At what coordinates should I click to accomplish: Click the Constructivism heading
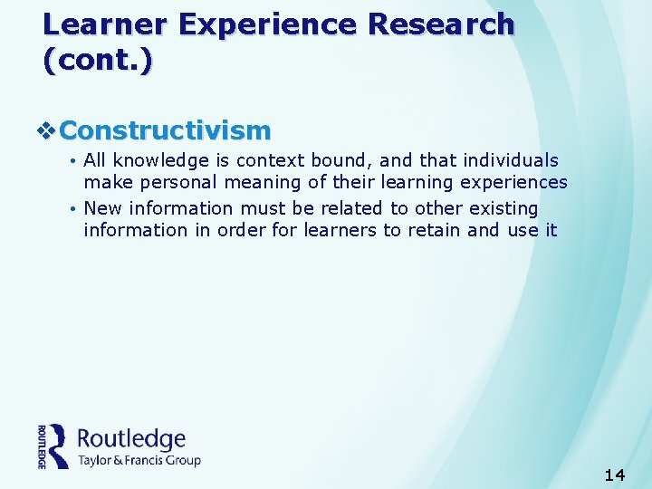165,130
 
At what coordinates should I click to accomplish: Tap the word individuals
511,160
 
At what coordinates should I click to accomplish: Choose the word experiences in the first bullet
517,182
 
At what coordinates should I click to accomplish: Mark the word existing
503,208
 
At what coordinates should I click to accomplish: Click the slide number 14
615,475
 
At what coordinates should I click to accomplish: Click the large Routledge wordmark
131,439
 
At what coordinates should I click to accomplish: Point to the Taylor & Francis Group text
139,460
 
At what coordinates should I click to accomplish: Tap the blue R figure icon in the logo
59,446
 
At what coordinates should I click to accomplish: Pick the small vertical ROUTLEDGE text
42,446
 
